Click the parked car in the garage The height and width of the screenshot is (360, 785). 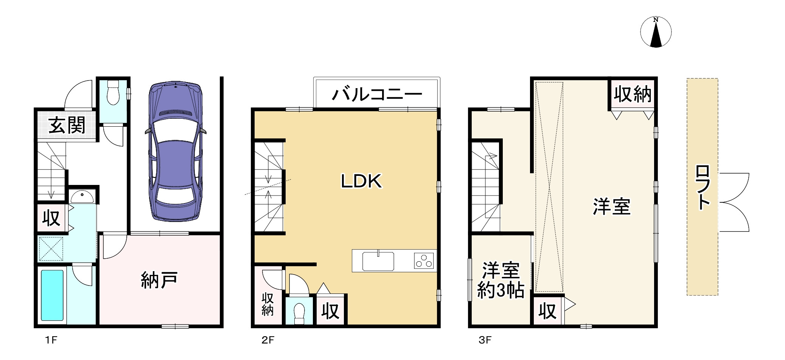coord(176,151)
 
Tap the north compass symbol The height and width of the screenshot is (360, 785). coord(656,33)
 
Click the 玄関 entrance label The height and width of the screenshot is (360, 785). coord(67,126)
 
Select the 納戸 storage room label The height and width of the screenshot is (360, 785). coord(159,280)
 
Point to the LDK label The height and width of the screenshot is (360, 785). coord(361,181)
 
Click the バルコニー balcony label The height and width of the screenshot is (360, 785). coord(377,94)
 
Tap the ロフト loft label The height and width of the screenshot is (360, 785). coord(703,187)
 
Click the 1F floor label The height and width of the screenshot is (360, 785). coord(51,340)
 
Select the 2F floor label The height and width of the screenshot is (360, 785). coord(268,340)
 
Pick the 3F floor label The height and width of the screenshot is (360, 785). coord(485,340)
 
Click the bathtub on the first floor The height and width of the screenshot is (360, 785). coord(52,295)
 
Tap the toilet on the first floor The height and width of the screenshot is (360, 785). coord(113,92)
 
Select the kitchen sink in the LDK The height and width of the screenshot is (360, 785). coord(378,261)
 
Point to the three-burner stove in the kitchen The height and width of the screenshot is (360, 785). coord(424,261)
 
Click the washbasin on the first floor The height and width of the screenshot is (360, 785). coord(82,197)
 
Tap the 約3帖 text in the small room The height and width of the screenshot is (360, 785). coord(501,290)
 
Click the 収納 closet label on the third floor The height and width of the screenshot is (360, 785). coord(633,94)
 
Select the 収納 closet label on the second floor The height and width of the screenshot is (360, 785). coord(267,304)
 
